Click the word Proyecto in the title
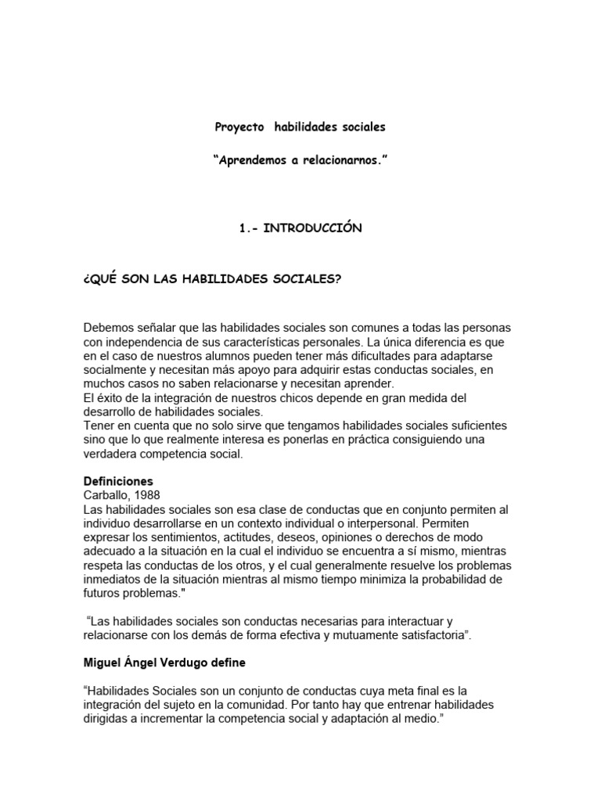[x=240, y=126]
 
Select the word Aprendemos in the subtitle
[x=259, y=160]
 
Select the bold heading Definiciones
[x=118, y=481]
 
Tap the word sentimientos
[x=191, y=537]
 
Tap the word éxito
[x=112, y=398]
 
